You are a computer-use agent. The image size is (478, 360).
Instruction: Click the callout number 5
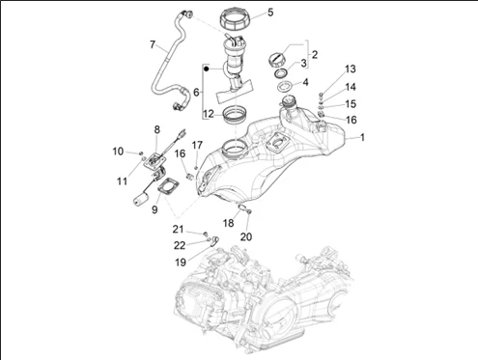click(x=270, y=13)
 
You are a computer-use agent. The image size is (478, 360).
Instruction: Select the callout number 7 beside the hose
click(x=153, y=44)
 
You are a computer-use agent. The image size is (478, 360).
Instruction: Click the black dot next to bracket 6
click(x=207, y=69)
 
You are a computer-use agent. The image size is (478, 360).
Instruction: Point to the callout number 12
click(x=209, y=114)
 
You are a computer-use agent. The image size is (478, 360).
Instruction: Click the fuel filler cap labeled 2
click(x=276, y=60)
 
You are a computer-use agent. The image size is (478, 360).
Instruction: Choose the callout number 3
click(x=303, y=63)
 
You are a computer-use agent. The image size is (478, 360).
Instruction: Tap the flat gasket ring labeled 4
click(x=285, y=87)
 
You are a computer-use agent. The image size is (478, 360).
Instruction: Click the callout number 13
click(x=351, y=69)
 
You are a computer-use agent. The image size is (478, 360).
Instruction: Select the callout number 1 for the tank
click(x=362, y=137)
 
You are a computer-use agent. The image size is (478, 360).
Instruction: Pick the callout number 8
click(x=156, y=130)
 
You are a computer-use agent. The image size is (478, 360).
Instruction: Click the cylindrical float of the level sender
click(x=140, y=198)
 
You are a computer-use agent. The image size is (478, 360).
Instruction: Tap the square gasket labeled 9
click(x=168, y=187)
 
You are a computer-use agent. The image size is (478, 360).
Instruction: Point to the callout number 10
click(x=118, y=152)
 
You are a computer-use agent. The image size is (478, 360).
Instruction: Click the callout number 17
click(x=197, y=145)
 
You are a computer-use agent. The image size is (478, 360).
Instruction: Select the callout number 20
click(x=246, y=236)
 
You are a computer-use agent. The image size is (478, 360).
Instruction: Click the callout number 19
click(x=181, y=263)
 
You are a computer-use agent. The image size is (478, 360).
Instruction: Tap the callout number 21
click(x=178, y=230)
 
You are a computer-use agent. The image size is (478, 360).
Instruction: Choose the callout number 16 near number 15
click(x=351, y=120)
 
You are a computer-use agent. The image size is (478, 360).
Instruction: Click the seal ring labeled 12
click(x=236, y=116)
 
